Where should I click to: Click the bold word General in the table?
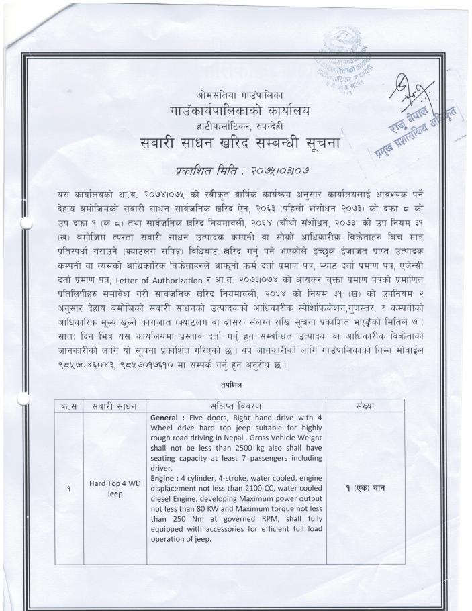(x=167, y=418)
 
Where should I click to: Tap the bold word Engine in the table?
(x=165, y=478)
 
